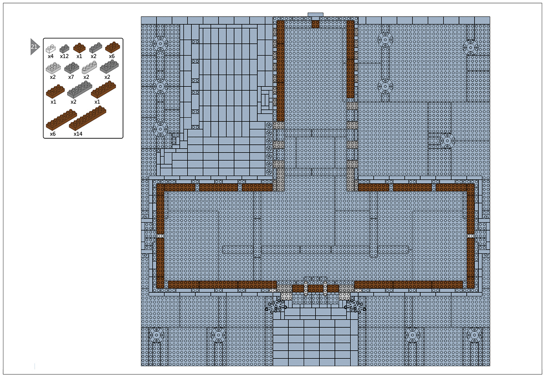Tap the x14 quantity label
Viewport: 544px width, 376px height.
(78, 134)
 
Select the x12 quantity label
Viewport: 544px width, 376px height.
(64, 56)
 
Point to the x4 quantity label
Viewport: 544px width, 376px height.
(50, 56)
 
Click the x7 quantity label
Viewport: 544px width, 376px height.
(71, 77)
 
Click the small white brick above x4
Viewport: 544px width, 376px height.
(50, 49)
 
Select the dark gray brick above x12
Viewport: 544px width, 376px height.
(64, 49)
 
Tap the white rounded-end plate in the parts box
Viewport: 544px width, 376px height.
(89, 67)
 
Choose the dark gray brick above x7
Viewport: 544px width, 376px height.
(72, 68)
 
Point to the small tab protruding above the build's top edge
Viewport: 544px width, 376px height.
(315, 15)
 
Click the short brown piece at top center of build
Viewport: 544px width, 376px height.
(315, 24)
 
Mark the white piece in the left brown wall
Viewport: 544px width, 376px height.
(160, 236)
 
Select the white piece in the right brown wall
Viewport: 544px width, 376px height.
(471, 236)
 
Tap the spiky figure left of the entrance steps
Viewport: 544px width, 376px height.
(276, 306)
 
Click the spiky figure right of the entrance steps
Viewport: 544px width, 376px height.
(355, 306)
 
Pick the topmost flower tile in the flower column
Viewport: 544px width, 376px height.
(269, 125)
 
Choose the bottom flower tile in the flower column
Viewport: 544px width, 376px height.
(269, 172)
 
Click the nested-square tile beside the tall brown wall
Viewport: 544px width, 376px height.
(265, 100)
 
